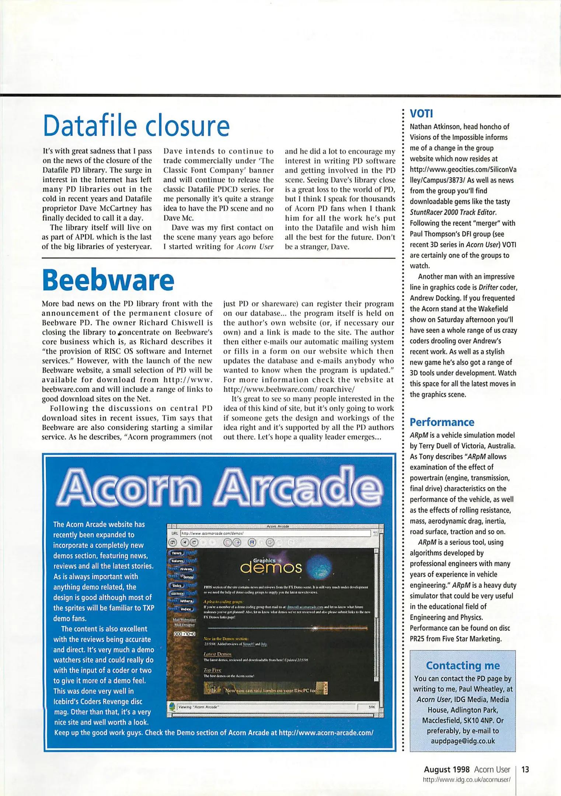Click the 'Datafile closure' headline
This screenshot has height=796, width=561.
tap(136, 126)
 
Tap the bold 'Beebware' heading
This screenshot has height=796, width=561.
tap(108, 280)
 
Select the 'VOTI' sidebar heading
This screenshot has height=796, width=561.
tap(421, 113)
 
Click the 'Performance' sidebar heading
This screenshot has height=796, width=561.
tap(442, 422)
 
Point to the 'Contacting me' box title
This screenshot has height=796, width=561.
tap(463, 665)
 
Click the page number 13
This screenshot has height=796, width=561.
tap(525, 769)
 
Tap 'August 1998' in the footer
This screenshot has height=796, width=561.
tap(447, 769)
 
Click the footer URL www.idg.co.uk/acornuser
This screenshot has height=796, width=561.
tap(467, 779)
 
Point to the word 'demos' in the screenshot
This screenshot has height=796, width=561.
tap(271, 568)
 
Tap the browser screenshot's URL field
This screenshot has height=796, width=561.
tap(275, 533)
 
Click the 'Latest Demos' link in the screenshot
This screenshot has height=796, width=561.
tap(217, 654)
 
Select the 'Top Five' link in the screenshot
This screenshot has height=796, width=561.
tap(212, 670)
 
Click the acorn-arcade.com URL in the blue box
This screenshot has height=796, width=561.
tap(326, 733)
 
